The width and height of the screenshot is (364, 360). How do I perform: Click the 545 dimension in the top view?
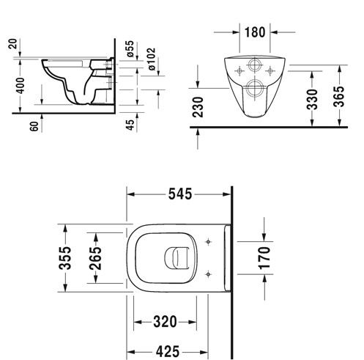[180, 194]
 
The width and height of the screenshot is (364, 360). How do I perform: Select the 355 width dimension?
[65, 258]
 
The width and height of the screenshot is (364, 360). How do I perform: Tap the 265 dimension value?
[95, 258]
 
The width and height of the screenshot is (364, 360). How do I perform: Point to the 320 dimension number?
[165, 322]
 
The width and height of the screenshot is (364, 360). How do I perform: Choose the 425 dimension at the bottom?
[168, 352]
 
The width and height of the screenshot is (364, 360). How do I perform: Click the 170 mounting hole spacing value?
[264, 258]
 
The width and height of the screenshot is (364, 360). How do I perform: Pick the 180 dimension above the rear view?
[255, 32]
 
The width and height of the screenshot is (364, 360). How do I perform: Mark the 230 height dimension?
[198, 107]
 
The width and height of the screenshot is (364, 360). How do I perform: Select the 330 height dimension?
[312, 99]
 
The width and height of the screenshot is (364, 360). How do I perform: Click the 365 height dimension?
[339, 97]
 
